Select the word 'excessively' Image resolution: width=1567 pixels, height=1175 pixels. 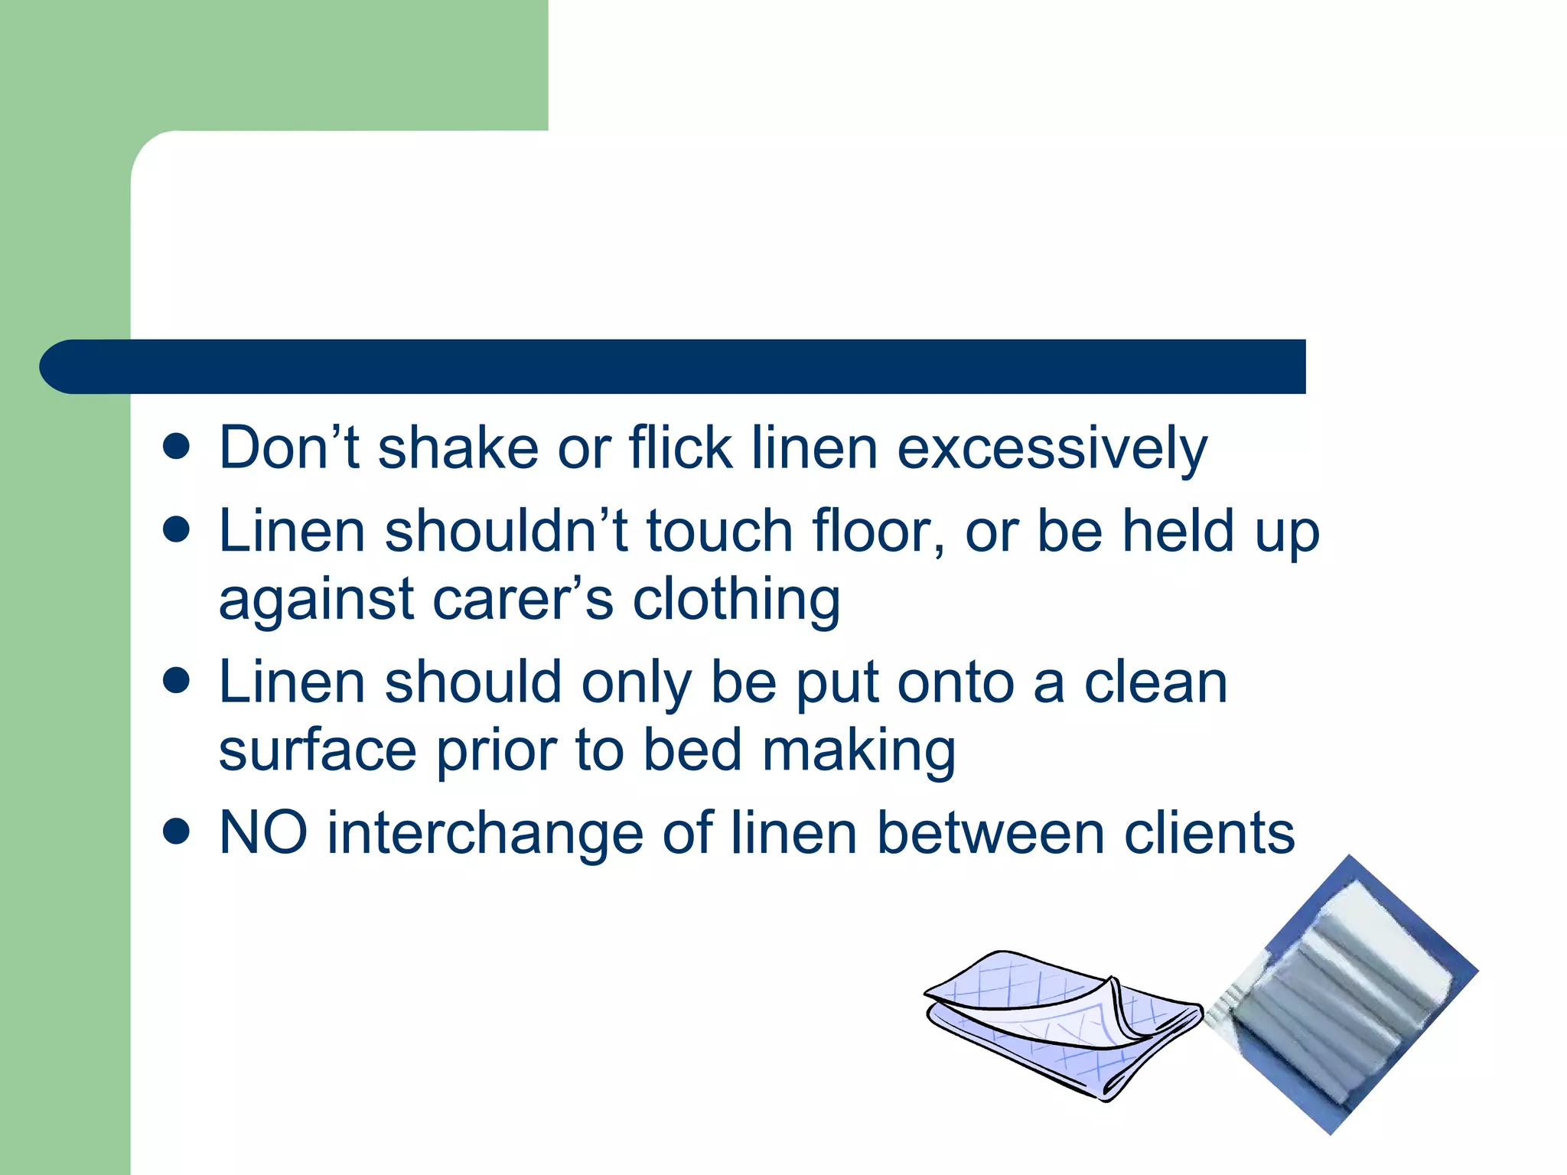1052,449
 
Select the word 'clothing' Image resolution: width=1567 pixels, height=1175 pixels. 736,601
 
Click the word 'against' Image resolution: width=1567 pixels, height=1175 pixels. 316,601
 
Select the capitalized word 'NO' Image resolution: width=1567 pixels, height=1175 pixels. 263,833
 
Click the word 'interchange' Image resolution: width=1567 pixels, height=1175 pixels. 485,834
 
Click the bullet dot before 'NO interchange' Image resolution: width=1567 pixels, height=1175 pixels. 177,832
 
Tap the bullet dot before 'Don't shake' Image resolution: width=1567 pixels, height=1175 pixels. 177,447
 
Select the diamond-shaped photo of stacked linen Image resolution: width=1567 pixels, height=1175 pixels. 1347,994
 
